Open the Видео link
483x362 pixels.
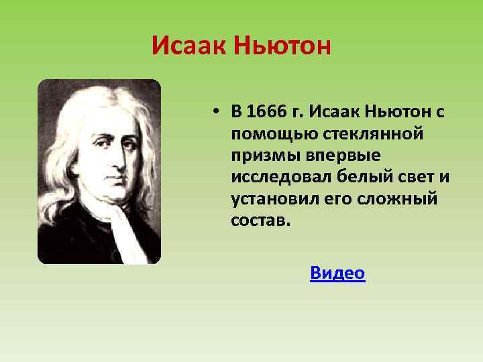(x=337, y=273)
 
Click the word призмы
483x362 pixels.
(x=262, y=156)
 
